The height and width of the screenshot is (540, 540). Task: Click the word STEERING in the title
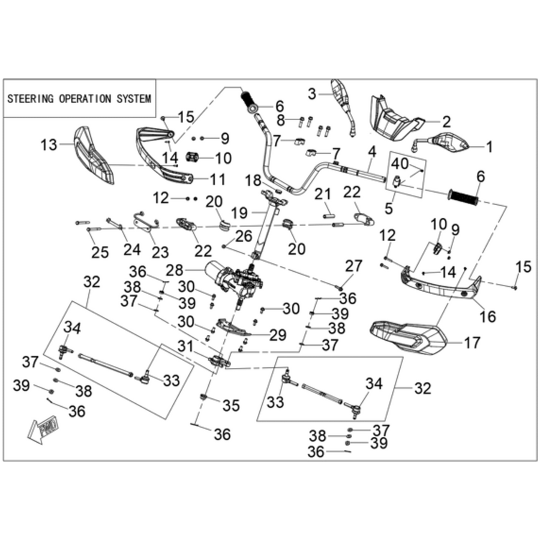[x=31, y=99]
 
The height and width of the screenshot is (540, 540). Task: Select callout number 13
[x=49, y=145]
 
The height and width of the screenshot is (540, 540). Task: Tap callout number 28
[x=174, y=271]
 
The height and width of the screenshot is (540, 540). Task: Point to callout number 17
[x=472, y=343]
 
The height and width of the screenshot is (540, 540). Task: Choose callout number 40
[x=400, y=164]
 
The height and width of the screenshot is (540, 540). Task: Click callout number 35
[x=231, y=406]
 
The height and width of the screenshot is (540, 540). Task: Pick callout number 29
[x=278, y=335]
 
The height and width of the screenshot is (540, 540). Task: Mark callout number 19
[x=239, y=213]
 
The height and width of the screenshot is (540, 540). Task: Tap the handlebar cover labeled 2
[x=394, y=119]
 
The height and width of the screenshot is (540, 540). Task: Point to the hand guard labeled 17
[x=409, y=337]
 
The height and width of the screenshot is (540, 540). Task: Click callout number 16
[x=488, y=316]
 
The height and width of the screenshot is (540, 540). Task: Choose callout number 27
[x=354, y=266]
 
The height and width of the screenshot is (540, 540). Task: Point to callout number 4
[x=372, y=152]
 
